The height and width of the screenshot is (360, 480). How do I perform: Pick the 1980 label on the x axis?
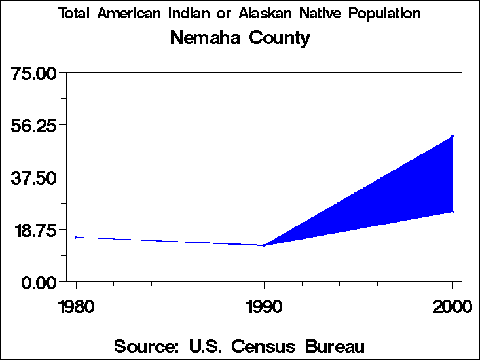point(76,307)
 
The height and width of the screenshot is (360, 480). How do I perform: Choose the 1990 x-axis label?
point(264,307)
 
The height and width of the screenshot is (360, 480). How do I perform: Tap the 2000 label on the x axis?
point(452,307)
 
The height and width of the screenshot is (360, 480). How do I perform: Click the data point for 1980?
point(76,237)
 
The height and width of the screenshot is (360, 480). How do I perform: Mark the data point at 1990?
point(264,245)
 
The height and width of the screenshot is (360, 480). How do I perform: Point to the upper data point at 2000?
point(452,136)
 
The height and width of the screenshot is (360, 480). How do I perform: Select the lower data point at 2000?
point(452,211)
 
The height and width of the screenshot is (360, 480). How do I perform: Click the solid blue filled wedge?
point(406,190)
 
